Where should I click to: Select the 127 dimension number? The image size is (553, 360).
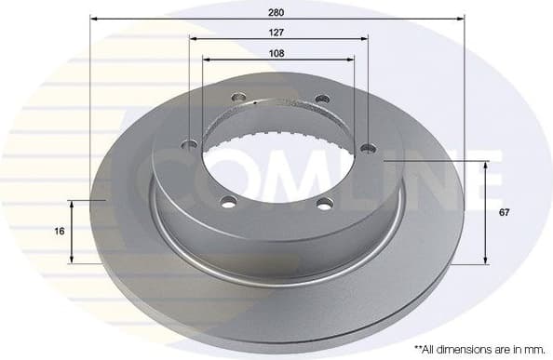[x=276, y=32]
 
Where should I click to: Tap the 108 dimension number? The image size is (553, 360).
[x=276, y=52]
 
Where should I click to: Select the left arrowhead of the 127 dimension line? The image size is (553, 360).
[x=193, y=39]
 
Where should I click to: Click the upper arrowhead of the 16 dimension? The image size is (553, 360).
[x=73, y=202]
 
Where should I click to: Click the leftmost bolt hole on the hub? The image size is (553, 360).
[x=192, y=143]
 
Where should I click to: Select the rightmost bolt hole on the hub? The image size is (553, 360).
[x=367, y=144]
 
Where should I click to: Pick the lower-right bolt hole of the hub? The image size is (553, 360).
[x=323, y=204]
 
